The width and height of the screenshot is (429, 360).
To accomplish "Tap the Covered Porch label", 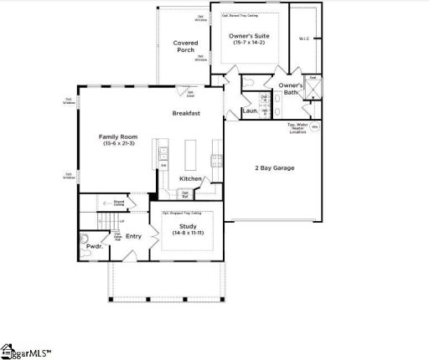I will click(184, 46).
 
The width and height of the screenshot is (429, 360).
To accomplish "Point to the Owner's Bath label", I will click(291, 89).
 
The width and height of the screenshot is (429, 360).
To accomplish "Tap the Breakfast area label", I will click(185, 113).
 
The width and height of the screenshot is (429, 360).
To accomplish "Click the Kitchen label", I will click(190, 178).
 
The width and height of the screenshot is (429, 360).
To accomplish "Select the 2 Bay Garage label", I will click(275, 167).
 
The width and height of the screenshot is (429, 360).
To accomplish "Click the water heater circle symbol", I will click(315, 127).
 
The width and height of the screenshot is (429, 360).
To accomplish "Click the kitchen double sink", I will click(164, 154).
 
